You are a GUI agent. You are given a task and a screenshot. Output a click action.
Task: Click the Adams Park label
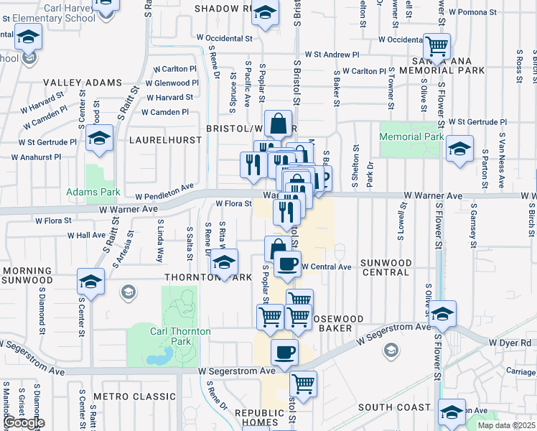93,192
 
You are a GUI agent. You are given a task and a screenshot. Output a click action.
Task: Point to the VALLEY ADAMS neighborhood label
82,83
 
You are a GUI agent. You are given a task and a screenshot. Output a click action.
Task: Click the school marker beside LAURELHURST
100,138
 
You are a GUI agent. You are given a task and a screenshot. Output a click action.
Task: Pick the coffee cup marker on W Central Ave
287,264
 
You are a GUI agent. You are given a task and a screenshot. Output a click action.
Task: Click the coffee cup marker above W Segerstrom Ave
284,352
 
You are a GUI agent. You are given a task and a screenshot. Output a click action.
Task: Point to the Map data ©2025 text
505,425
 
